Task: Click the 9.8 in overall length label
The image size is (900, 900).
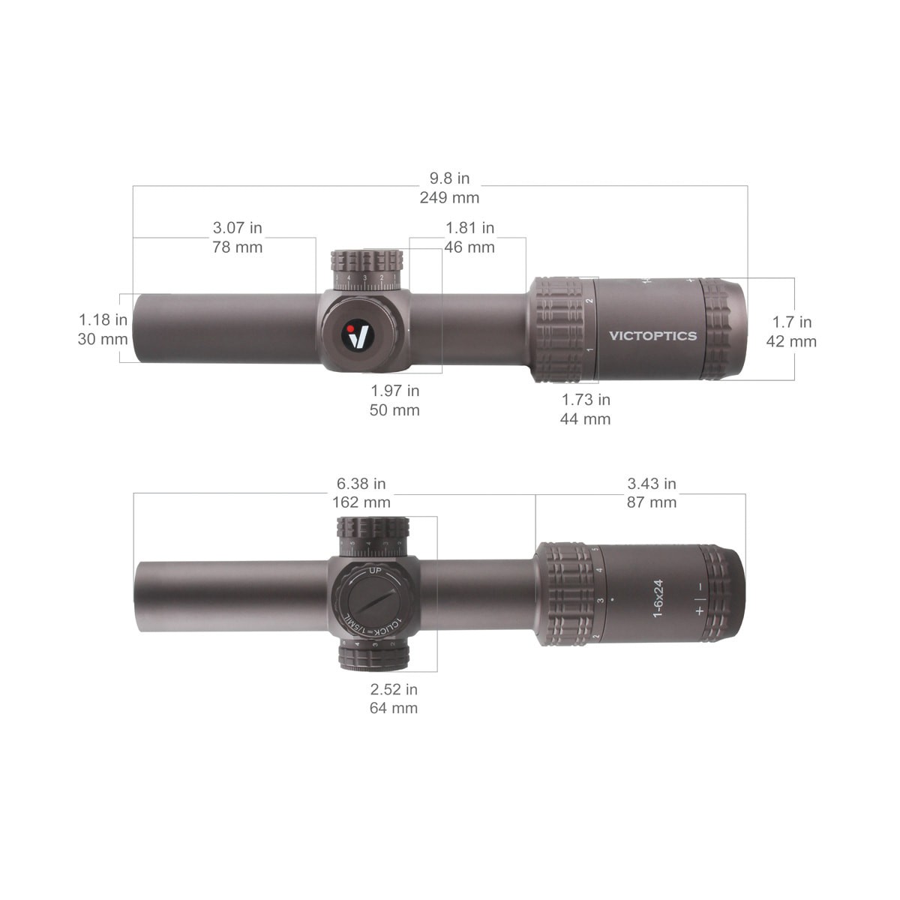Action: (449, 178)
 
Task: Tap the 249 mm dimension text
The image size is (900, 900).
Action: (449, 198)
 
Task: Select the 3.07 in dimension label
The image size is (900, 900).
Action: (237, 227)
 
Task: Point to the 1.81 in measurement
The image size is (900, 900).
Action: (469, 227)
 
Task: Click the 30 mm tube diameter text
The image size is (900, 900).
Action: (103, 339)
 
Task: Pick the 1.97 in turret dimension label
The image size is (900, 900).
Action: (394, 390)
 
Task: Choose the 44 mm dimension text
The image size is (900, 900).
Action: (585, 419)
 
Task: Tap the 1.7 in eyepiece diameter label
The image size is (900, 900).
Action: (792, 322)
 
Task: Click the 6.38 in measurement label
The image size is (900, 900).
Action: (361, 484)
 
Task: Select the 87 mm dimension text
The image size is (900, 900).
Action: (652, 502)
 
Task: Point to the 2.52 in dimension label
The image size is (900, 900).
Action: (393, 689)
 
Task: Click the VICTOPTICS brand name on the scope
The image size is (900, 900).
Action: (653, 336)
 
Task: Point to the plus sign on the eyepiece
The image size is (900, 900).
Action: (700, 610)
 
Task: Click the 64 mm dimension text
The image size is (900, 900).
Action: (393, 708)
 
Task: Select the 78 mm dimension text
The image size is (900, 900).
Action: (237, 247)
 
